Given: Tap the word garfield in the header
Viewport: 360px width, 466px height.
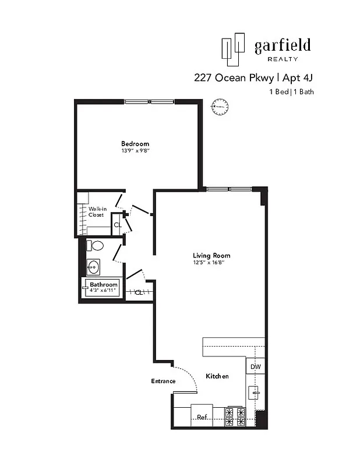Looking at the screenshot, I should pos(282,45).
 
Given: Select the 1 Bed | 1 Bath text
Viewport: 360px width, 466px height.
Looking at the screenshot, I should pos(291,92).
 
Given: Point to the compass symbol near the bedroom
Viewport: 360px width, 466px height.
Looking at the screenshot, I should pos(220,106).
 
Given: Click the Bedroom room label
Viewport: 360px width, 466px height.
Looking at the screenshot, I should pos(135,143).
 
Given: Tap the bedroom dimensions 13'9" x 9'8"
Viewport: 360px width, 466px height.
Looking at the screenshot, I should pos(135,151).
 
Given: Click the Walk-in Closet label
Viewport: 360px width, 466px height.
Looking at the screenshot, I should pos(96,211).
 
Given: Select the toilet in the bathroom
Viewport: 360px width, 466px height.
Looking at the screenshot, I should pos(94,245).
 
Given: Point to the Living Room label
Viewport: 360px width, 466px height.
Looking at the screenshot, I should pos(211,255).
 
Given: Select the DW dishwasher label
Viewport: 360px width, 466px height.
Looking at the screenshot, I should pos(255,367).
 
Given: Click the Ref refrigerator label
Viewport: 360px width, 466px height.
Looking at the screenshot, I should pos(202,417).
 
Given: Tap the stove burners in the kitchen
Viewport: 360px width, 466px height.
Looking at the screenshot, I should pos(237,417).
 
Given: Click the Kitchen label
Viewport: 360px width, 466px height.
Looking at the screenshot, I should pos(217,376).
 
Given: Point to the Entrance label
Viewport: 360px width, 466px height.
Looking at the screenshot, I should pos(163,381).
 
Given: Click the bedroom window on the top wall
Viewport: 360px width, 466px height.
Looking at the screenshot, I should pos(150,101).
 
